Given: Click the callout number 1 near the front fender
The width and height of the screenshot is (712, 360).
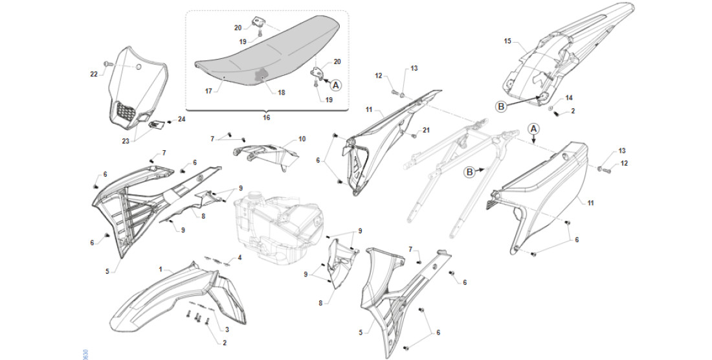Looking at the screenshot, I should pyautogui.click(x=161, y=267).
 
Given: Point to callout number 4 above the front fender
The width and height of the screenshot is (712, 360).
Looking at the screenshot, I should pyautogui.click(x=239, y=258).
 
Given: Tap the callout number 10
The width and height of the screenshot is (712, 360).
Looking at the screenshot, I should pyautogui.click(x=302, y=139).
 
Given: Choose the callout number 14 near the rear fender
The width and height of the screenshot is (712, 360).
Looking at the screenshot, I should pyautogui.click(x=569, y=98).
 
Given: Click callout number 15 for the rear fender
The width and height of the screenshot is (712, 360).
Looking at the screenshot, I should pyautogui.click(x=507, y=41).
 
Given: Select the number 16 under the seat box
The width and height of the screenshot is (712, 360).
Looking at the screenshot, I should pyautogui.click(x=266, y=118).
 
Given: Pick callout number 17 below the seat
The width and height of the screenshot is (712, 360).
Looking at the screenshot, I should pyautogui.click(x=208, y=91).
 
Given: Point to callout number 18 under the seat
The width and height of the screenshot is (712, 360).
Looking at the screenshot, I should pyautogui.click(x=281, y=93).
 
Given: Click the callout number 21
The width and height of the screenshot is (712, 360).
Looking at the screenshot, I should pyautogui.click(x=426, y=131).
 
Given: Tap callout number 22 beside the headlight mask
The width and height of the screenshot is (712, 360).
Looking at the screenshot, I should pyautogui.click(x=94, y=74).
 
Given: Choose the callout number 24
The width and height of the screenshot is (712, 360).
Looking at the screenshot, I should pyautogui.click(x=181, y=119).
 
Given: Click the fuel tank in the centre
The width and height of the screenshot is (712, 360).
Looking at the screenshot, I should pyautogui.click(x=275, y=220).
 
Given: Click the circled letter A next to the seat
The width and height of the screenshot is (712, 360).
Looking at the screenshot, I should pyautogui.click(x=335, y=84).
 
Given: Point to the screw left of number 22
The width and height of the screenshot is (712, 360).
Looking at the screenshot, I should pyautogui.click(x=107, y=64).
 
